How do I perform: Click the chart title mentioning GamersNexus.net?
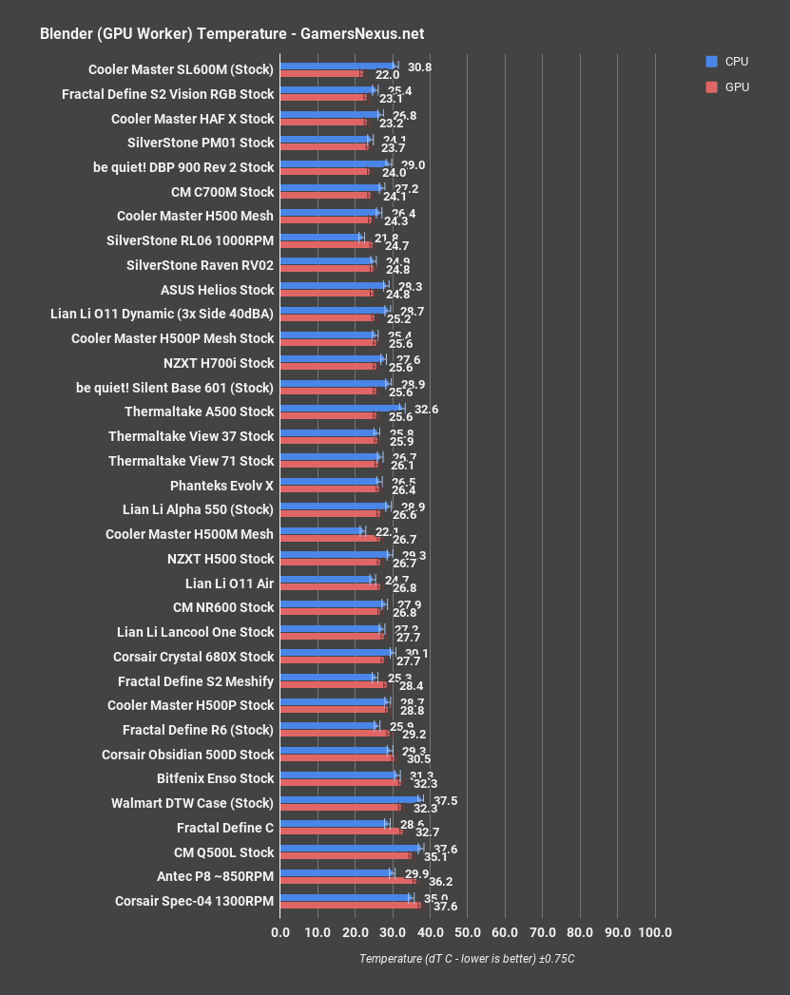231,34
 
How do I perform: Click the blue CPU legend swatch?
711,62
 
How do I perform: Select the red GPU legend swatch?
711,86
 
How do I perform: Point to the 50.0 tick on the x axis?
467,932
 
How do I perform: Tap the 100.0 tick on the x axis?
654,932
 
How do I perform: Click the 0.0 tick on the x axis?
280,932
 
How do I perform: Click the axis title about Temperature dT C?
467,959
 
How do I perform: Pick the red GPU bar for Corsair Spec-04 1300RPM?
350,905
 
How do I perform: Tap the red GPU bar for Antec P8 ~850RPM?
348,880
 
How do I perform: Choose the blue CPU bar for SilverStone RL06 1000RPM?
321,237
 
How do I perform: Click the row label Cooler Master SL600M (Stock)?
181,69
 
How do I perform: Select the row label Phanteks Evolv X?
222,486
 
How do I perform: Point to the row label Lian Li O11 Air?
229,584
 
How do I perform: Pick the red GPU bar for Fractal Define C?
341,831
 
